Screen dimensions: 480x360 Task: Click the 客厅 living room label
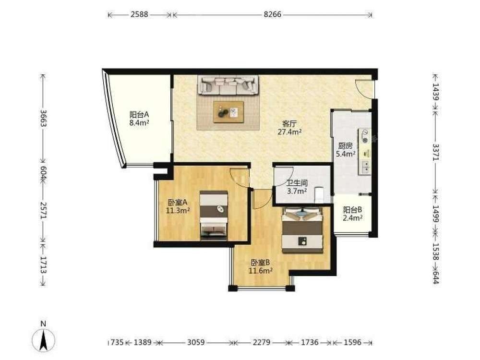pos(289,124)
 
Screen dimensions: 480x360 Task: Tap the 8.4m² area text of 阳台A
pos(139,123)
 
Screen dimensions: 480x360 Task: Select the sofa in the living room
pos(228,85)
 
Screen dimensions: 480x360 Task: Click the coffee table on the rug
pos(228,112)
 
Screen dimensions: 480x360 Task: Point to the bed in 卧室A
pos(214,215)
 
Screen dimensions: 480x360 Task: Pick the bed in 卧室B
pos(302,230)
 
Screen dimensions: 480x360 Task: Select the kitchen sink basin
pos(365,167)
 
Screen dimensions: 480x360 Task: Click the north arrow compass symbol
pos(44,340)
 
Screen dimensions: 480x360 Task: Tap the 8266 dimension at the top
pos(273,14)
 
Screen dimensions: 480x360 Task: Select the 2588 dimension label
pos(139,14)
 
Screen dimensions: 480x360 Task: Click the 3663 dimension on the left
pos(43,118)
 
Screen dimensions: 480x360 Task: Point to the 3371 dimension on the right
pos(436,152)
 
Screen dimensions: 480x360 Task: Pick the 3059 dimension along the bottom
pos(196,342)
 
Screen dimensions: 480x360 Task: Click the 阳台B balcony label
pos(353,210)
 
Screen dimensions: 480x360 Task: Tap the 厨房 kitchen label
pos(345,146)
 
